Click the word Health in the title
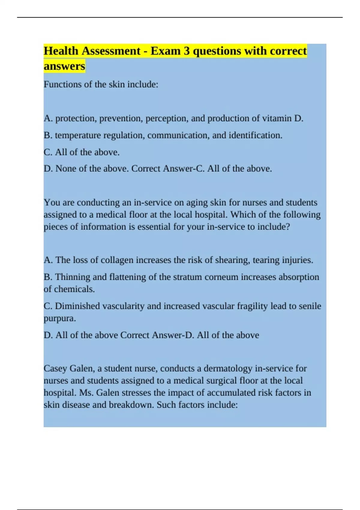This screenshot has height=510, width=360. tap(61, 51)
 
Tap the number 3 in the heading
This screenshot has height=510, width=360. tap(187, 51)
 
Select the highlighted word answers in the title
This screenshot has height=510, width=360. tap(64, 66)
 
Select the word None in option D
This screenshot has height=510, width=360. tap(66, 169)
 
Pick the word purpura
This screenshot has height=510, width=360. tap(59, 318)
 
